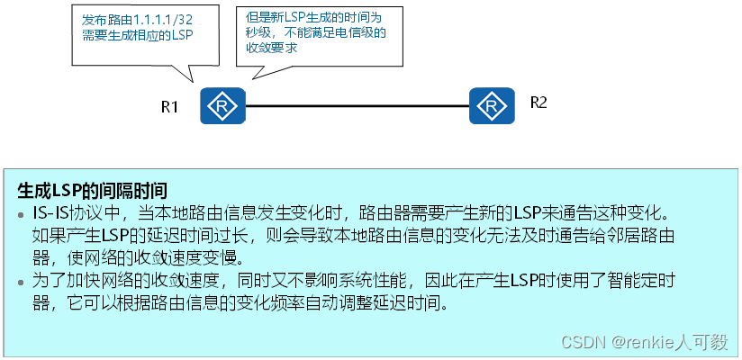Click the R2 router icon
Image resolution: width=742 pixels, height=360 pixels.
[x=492, y=107]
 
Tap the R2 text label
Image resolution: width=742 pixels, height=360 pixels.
[x=538, y=102]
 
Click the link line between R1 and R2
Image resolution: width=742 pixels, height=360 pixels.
[x=357, y=107]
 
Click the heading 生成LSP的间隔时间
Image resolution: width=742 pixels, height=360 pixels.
[x=92, y=191]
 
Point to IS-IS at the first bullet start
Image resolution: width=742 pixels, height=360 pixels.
[x=49, y=214]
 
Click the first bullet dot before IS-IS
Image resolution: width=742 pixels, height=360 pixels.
[x=23, y=215]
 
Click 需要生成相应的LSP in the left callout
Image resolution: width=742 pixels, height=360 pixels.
[x=136, y=34]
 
